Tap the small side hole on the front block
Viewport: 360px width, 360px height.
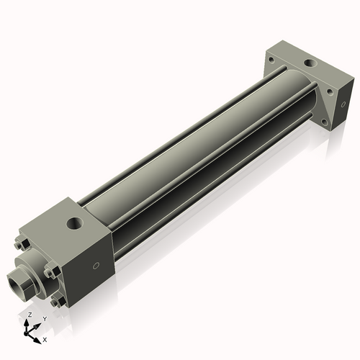(x=96, y=266)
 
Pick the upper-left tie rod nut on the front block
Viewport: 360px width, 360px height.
(x=19, y=245)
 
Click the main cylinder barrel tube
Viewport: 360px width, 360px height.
(x=194, y=144)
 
